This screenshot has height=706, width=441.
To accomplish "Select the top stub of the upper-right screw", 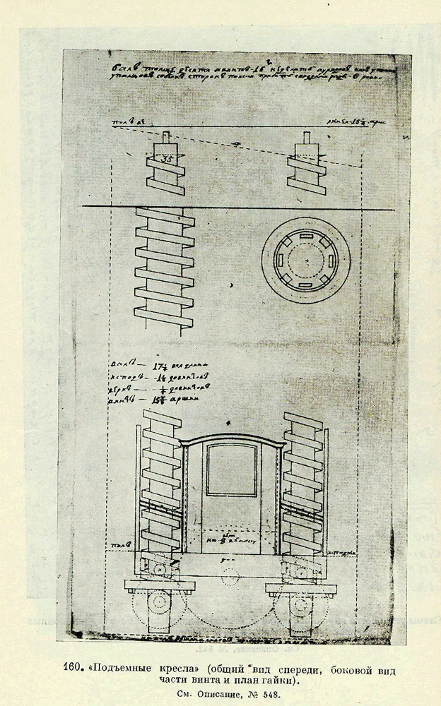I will pos(307,138).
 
